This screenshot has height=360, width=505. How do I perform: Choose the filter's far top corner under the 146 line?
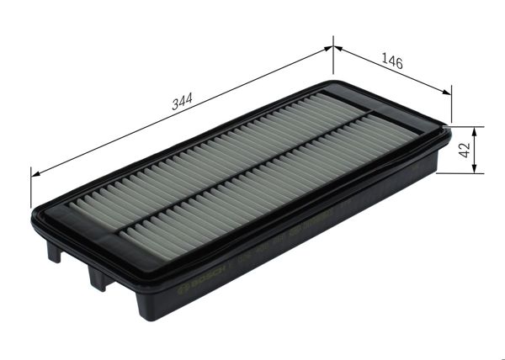point(337,83)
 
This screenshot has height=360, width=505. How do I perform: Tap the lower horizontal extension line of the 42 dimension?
point(461,174)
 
